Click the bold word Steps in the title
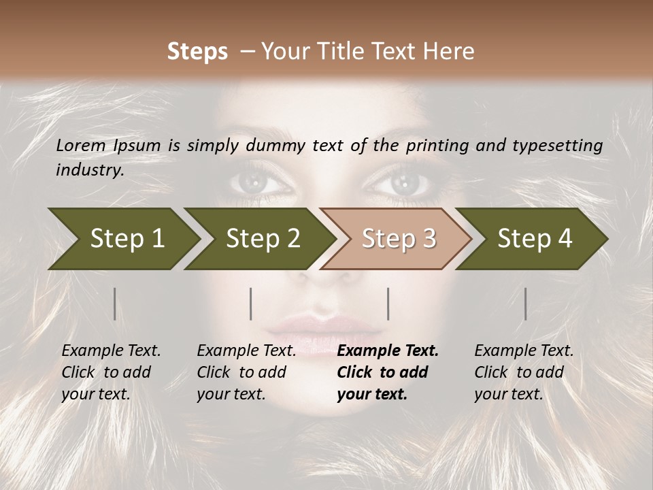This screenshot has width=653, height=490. tap(197, 52)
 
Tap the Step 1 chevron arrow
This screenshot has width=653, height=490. tap(122, 238)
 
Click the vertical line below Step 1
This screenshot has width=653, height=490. tap(115, 304)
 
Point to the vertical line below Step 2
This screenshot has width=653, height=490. tap(251, 304)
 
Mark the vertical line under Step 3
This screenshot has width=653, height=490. tap(388, 304)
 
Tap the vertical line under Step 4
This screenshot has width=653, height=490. tap(526, 304)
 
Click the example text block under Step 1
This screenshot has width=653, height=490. tap(111, 372)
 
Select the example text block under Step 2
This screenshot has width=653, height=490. tap(246, 372)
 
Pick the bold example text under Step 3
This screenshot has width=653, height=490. tap(388, 372)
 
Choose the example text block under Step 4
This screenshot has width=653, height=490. tap(524, 372)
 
